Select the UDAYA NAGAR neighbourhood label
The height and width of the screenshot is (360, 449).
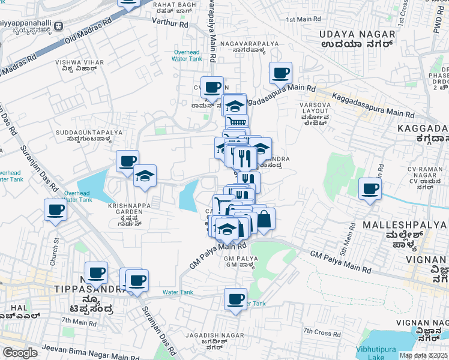pos(356,35)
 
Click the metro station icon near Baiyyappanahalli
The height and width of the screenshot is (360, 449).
pos(59,26)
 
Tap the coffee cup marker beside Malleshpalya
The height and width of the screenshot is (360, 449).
pos(370,189)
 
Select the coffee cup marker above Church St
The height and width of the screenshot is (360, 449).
pos(55,210)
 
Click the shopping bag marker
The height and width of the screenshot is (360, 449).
pos(264,220)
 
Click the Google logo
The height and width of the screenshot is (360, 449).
pos(20,353)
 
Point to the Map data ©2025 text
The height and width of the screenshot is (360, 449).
pos(423,355)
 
